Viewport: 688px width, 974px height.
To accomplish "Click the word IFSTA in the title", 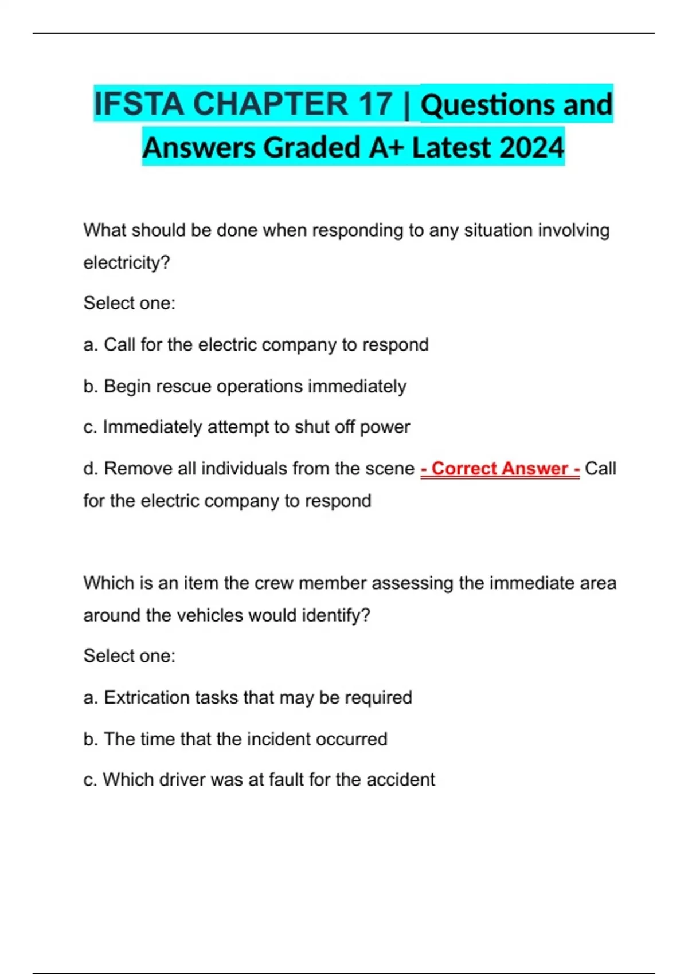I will pos(139,104).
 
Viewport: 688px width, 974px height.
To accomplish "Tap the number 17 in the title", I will pos(376,104).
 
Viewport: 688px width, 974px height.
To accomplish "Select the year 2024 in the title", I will pos(531,147).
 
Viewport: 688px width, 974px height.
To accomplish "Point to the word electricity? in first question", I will pos(127,263).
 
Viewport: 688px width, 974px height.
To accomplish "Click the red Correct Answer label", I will pos(500,469).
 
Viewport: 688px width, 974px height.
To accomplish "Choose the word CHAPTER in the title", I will pos(270,104).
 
